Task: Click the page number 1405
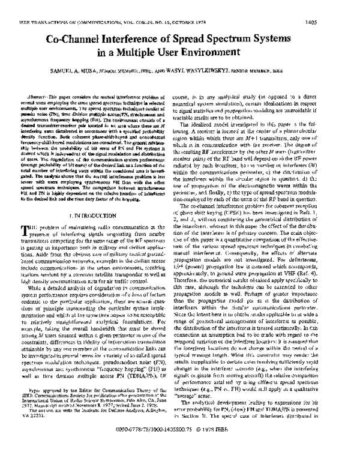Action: pos(343,7)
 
